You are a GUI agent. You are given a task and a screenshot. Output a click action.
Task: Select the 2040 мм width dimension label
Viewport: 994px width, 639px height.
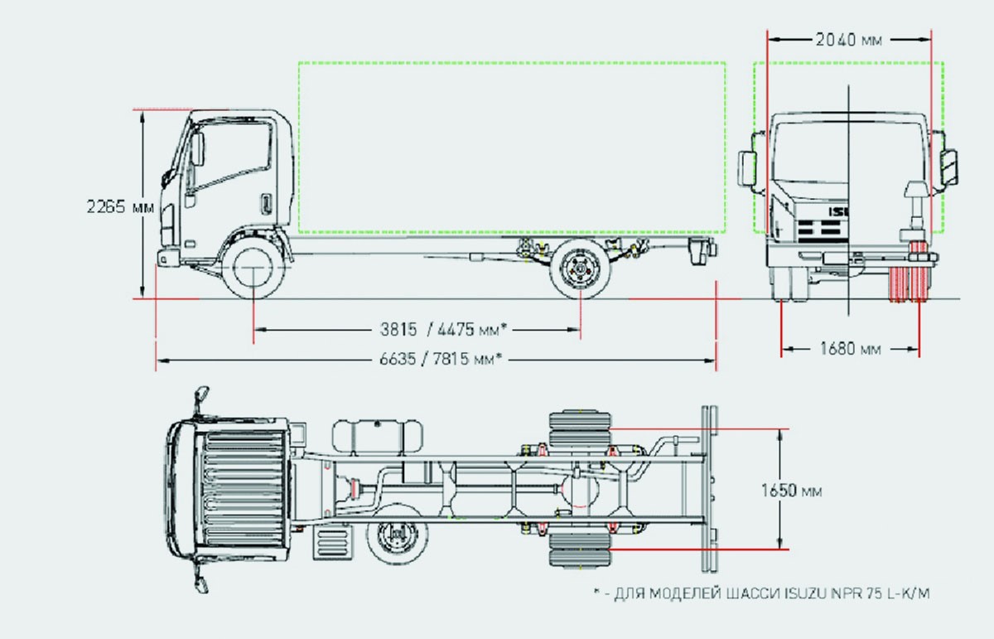(848, 40)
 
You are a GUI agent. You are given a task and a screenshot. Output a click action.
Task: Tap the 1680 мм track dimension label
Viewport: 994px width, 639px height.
(849, 349)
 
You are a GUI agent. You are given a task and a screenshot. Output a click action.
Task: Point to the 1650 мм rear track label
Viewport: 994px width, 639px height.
(791, 491)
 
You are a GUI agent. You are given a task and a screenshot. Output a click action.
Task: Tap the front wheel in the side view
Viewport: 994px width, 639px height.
(253, 268)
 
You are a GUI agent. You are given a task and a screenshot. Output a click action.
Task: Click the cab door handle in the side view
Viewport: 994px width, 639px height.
(267, 204)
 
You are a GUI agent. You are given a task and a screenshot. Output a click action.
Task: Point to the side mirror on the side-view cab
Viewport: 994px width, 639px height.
(197, 150)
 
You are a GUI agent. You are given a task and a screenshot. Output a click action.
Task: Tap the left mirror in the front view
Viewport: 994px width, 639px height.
(748, 169)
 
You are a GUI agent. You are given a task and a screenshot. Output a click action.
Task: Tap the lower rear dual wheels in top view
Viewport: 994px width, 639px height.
(579, 549)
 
